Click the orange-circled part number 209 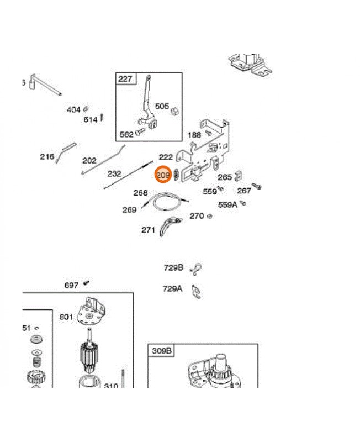coord(163,175)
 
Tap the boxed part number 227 coord(125,78)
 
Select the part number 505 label coord(162,106)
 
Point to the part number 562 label coord(126,134)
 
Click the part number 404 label coord(73,110)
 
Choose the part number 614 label coord(90,119)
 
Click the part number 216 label coord(47,156)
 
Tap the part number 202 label coord(89,161)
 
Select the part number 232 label coord(114,173)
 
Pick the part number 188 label coord(194,135)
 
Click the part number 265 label coord(225,177)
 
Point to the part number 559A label coord(227,204)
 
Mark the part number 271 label coord(148,230)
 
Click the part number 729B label coord(173,267)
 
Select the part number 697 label coord(71,285)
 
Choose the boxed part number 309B coord(162,350)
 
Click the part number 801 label coord(66,317)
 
